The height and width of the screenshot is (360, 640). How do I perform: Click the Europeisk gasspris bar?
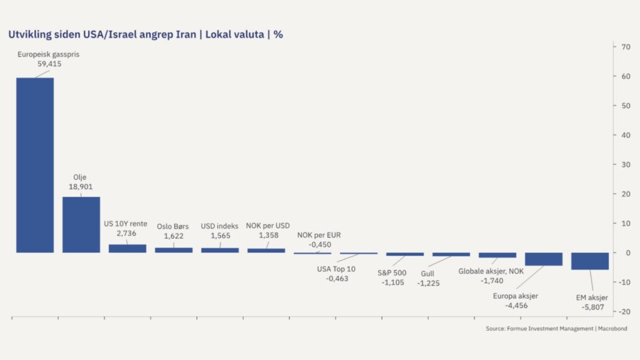tap(35, 165)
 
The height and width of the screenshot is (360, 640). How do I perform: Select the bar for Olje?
tap(81, 224)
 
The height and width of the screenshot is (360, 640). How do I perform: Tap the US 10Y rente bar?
tap(127, 248)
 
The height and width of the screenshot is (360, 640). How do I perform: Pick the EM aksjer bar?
tap(590, 261)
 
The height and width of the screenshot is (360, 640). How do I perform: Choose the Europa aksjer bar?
tap(544, 259)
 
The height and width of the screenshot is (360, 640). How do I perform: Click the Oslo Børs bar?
tap(173, 250)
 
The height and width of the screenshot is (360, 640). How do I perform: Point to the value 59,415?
tap(49, 64)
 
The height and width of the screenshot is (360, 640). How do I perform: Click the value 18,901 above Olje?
tap(81, 187)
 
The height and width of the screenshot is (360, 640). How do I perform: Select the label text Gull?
tap(427, 274)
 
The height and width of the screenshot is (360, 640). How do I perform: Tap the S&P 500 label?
tap(392, 272)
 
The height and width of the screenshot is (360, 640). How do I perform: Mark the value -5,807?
tap(592, 307)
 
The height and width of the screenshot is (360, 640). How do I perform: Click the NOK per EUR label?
tap(319, 235)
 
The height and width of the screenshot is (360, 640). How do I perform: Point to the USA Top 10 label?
tap(337, 269)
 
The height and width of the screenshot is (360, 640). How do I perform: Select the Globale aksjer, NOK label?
tap(491, 271)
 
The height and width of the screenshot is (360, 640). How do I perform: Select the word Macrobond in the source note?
tap(612, 328)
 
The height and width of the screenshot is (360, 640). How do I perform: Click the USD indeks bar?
tap(219, 250)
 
